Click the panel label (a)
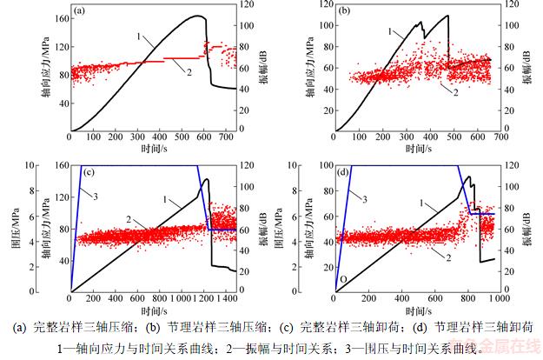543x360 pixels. (x=79, y=11)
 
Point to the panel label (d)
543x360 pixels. (x=345, y=170)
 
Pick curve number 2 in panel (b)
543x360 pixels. (x=454, y=90)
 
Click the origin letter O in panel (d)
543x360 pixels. (x=342, y=279)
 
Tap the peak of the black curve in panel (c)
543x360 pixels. (x=206, y=179)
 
